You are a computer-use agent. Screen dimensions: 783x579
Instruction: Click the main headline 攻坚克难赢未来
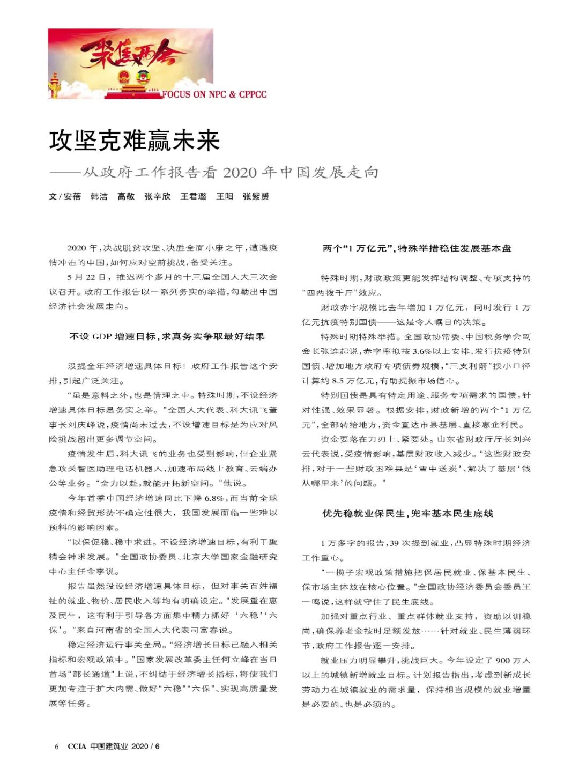coord(135,141)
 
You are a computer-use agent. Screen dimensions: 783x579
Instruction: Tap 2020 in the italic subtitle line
coord(239,172)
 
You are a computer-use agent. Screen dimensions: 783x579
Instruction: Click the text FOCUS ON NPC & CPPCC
coord(214,94)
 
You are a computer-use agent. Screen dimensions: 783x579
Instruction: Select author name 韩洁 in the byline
coord(99,196)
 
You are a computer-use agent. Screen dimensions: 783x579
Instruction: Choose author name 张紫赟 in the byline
coord(256,196)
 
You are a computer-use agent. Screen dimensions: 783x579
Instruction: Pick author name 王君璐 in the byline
coord(193,196)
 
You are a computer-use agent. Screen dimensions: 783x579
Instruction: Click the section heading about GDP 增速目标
coord(167,336)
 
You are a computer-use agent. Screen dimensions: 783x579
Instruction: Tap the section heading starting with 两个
coord(417,248)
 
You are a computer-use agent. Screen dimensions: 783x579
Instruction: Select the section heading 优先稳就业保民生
coord(407,513)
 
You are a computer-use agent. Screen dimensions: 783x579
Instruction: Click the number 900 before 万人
coord(503,660)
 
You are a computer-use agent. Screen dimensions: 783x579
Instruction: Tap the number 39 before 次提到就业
coord(394,543)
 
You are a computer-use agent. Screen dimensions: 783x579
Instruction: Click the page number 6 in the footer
coord(56,746)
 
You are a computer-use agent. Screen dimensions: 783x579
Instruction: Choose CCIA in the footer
coord(77,746)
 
